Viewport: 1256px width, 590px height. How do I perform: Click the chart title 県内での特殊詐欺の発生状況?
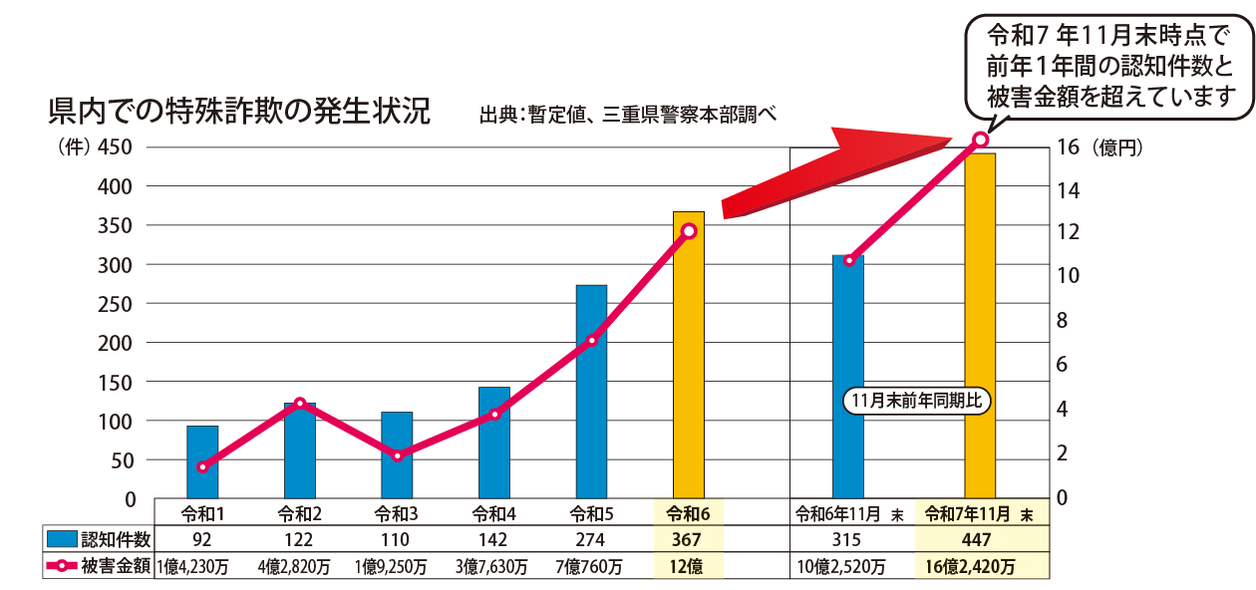pos(239,111)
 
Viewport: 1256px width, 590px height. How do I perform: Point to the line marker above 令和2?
pos(300,404)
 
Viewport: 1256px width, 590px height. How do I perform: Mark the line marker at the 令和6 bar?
pos(688,231)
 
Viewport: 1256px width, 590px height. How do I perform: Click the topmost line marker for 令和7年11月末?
pos(980,140)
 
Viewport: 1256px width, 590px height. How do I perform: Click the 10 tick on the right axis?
pos(1066,276)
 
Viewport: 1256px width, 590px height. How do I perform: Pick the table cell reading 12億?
pos(688,567)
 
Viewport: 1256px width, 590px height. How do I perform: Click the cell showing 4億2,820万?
pos(300,567)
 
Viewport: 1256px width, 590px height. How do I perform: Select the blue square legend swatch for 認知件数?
pos(61,539)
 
